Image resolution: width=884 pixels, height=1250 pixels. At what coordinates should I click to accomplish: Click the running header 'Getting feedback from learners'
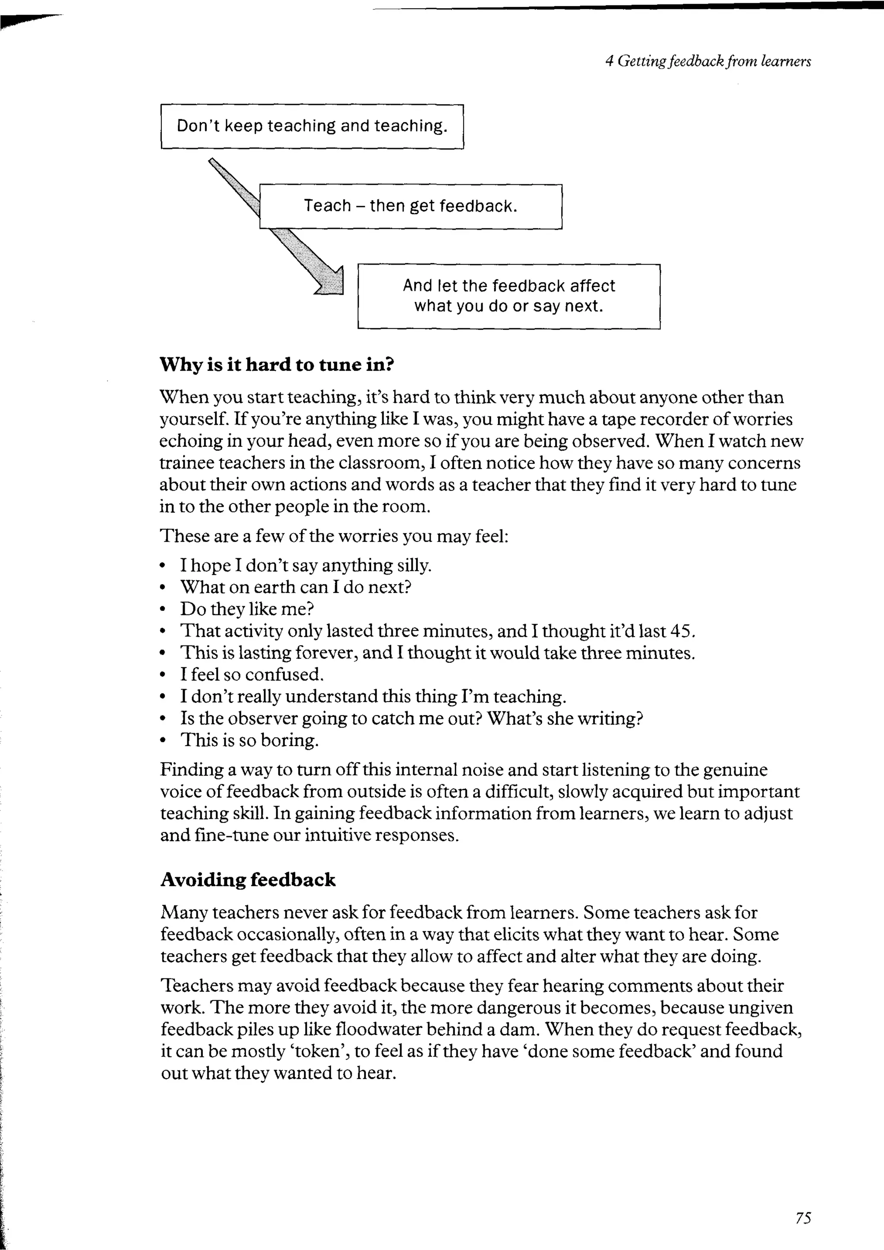point(714,61)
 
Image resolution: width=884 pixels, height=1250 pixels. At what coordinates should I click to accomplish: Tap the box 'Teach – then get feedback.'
point(410,206)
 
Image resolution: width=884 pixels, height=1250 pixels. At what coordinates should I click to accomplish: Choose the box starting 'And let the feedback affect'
point(508,296)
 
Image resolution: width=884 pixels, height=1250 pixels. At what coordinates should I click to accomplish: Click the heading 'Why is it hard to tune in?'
point(277,364)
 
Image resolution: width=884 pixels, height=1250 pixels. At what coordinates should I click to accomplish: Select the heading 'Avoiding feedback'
point(248,879)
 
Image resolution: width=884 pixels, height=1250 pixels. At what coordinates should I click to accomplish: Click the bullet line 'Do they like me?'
point(247,609)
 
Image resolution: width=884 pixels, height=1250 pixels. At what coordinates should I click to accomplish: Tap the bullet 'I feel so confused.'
point(252,674)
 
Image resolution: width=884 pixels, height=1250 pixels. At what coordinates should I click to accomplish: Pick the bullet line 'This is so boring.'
point(249,740)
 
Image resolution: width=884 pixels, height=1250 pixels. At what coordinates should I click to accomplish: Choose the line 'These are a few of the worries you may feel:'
point(334,536)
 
